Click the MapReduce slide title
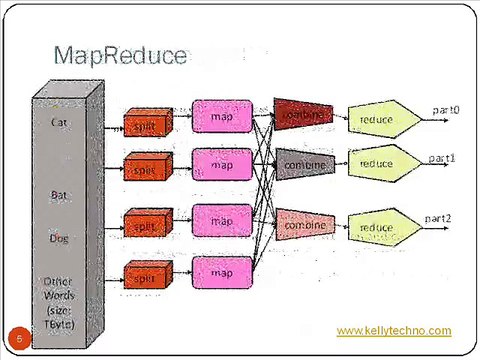120,55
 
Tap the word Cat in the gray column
60,122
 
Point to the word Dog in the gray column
59,238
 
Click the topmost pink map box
222,116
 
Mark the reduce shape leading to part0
378,119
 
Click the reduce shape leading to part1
378,163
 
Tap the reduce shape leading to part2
378,227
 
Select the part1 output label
442,158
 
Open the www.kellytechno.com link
393,331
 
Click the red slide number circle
18,338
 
